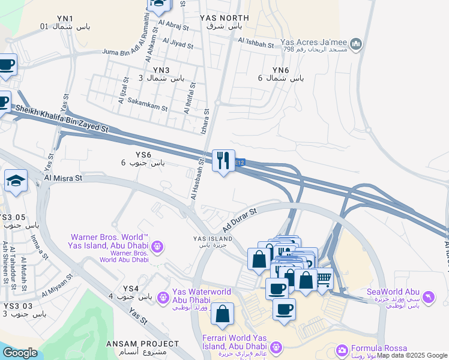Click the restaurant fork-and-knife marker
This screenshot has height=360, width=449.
click(223, 160)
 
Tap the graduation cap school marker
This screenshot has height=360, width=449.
click(16, 181)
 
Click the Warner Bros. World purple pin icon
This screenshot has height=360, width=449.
click(157, 246)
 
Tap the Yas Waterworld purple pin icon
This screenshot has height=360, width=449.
click(163, 296)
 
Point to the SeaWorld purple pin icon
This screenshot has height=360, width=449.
click(429, 296)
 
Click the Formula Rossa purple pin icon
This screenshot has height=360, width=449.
click(342, 350)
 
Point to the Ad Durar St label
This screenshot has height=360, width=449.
click(239, 221)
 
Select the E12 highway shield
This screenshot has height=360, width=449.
click(240, 163)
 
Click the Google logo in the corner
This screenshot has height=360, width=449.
click(19, 353)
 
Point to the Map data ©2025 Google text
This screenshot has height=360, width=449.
click(412, 355)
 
